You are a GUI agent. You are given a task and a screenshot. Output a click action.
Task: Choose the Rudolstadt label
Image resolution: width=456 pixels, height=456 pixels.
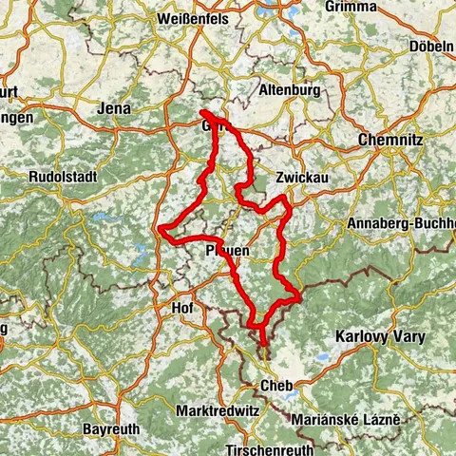[60, 177]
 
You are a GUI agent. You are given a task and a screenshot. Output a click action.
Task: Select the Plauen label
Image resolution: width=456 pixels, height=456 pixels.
[227, 250]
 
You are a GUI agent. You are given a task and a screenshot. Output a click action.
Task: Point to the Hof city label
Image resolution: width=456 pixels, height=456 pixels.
[180, 310]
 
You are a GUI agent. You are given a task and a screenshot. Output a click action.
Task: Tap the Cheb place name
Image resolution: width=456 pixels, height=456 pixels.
[275, 387]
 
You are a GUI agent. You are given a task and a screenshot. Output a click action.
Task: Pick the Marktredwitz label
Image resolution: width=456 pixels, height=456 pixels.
[219, 410]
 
